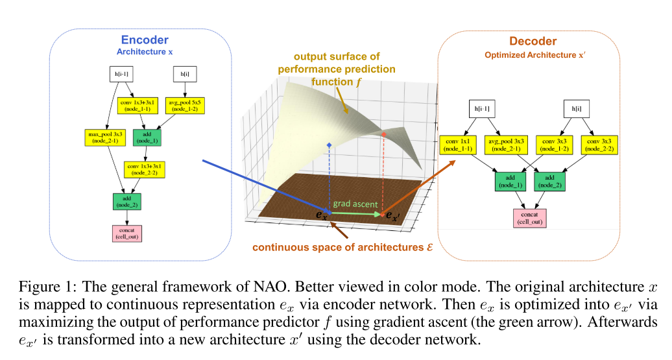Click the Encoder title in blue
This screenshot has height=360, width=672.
pos(145,40)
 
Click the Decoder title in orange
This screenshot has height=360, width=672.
pos(533,42)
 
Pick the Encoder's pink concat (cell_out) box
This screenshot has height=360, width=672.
pos(126,233)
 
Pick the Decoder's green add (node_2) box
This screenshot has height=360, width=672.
pos(551,181)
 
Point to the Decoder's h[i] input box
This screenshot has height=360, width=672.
pos(575,108)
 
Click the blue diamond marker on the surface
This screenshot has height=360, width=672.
pos(330,144)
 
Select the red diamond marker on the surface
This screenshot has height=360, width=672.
pos(383,134)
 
